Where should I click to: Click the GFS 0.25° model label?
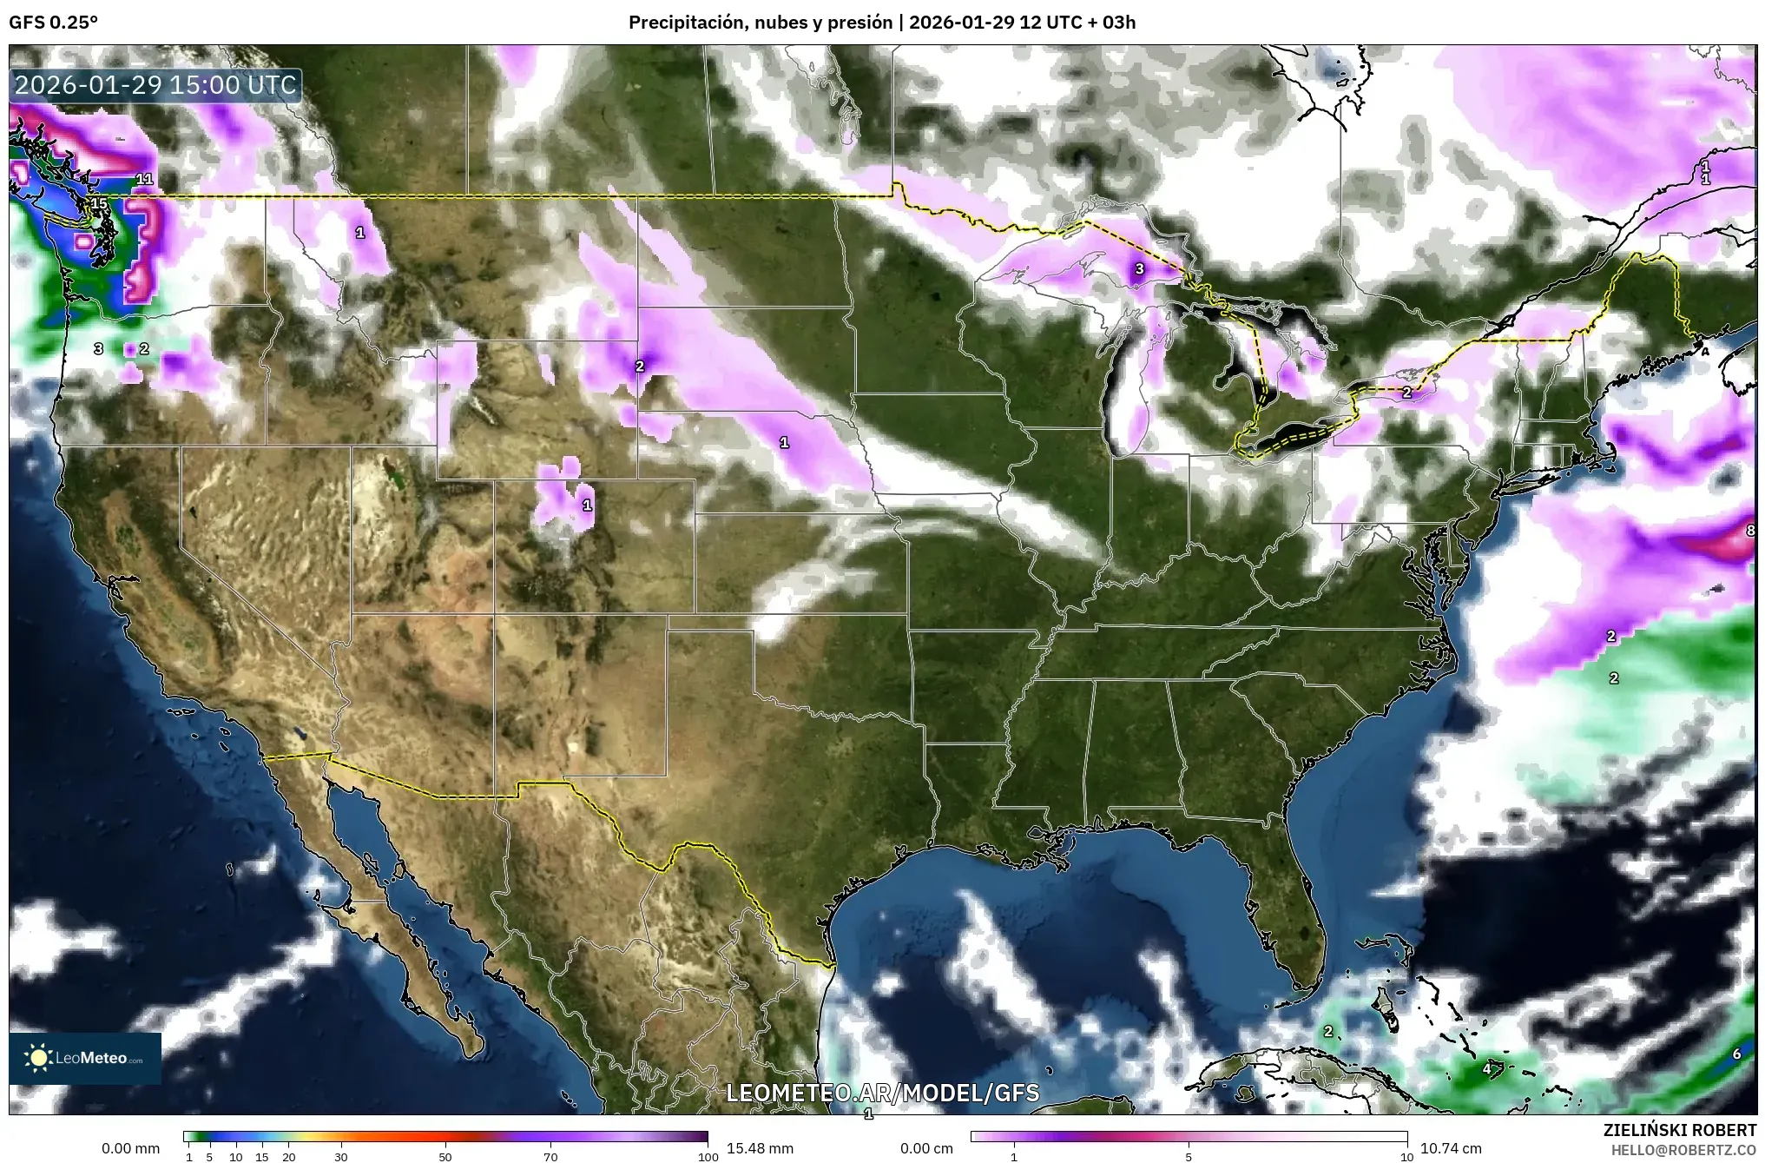53,23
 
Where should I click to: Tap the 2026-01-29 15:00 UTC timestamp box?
156,85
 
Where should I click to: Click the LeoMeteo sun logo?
39,1058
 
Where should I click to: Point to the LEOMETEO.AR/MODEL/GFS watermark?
882,1092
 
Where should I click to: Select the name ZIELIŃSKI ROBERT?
1679,1130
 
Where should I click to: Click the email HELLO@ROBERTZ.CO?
1683,1149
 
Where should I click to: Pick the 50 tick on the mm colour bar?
445,1156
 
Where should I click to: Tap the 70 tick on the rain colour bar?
550,1156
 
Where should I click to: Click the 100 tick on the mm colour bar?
708,1156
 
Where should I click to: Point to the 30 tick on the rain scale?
341,1156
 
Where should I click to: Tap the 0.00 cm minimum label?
926,1148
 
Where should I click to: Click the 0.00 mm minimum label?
130,1148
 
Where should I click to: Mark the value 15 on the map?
99,204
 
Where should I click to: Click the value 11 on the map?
144,179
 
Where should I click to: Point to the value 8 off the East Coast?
1750,530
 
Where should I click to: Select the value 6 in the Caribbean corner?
1736,1054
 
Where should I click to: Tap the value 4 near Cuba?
1486,1068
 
